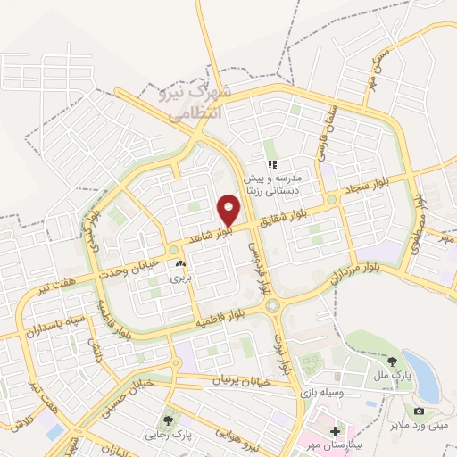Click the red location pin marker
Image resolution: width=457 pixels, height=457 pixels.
click(229, 210)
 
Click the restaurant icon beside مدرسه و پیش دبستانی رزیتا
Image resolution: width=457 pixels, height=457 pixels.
click(272, 164)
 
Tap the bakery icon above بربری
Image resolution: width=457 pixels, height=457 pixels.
click(181, 263)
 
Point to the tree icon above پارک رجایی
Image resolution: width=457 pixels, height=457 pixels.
click(167, 420)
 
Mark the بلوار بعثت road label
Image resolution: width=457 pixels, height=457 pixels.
click(283, 349)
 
